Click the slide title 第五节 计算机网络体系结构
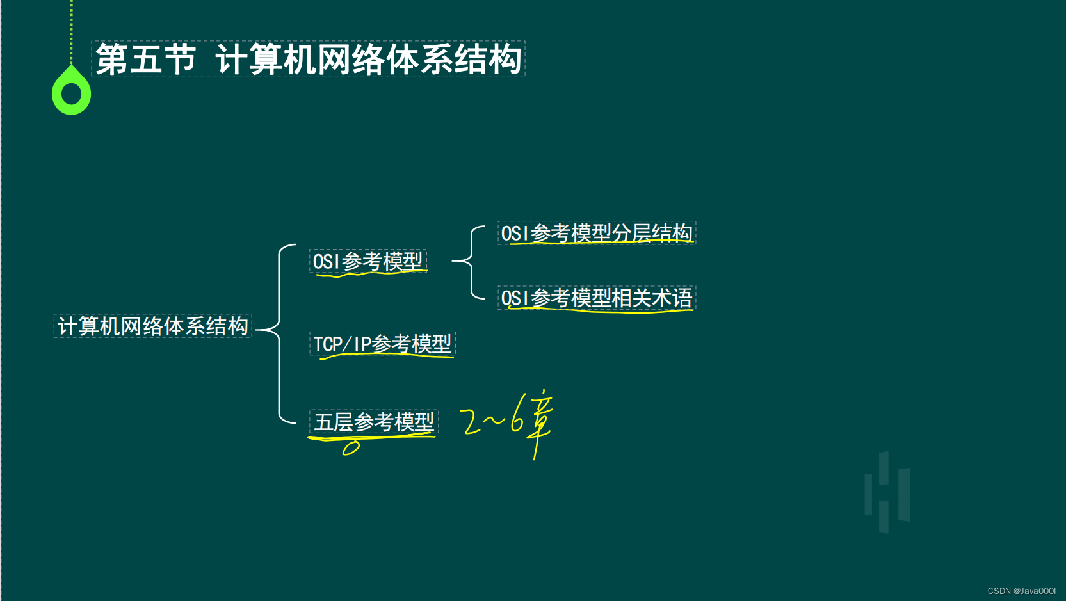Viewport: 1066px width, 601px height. pyautogui.click(x=308, y=59)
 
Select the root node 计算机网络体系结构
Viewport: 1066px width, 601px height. pyautogui.click(x=153, y=326)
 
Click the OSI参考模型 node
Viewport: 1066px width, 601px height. pyautogui.click(x=367, y=261)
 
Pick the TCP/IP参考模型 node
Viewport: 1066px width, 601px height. pyautogui.click(x=382, y=344)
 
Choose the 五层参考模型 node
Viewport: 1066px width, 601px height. pyautogui.click(x=374, y=422)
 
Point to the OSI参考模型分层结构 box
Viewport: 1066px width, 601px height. pyautogui.click(x=597, y=233)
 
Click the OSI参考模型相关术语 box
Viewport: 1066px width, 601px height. pyautogui.click(x=597, y=298)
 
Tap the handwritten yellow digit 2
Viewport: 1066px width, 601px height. pyautogui.click(x=471, y=422)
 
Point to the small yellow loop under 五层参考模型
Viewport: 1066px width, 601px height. pyautogui.click(x=351, y=447)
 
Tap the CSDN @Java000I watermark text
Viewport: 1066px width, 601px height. pyautogui.click(x=1021, y=591)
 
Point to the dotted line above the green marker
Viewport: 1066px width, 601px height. pyautogui.click(x=71, y=29)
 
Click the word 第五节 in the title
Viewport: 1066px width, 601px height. pyautogui.click(x=145, y=59)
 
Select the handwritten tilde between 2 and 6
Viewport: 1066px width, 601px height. pyautogui.click(x=493, y=420)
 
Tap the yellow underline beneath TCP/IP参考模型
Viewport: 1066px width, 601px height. pyautogui.click(x=387, y=356)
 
